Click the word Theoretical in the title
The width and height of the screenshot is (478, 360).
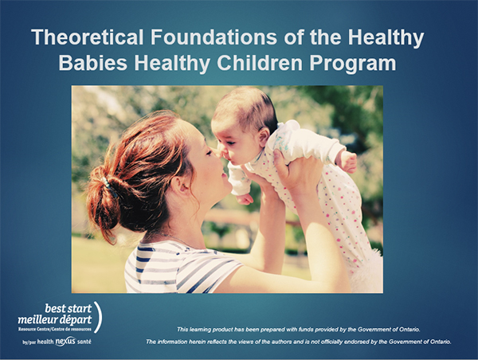point(88,37)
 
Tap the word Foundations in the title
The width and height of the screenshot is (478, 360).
point(214,37)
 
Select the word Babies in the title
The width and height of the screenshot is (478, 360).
point(93,63)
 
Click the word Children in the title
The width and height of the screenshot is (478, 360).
point(260,63)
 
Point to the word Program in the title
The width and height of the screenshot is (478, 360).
point(353,64)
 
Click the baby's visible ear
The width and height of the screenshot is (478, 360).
point(264,137)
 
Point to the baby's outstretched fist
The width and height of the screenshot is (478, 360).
point(347,161)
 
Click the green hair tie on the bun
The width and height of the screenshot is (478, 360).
point(108,183)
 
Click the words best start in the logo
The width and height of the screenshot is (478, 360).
point(69,308)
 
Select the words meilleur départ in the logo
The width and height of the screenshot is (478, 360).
point(54,319)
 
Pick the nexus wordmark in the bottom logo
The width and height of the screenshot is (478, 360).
point(65,341)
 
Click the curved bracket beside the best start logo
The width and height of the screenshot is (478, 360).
point(98,317)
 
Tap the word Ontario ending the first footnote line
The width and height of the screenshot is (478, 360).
point(410,330)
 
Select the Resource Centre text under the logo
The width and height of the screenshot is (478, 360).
point(54,329)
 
